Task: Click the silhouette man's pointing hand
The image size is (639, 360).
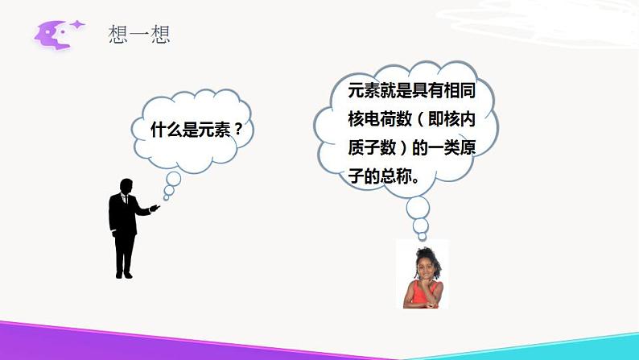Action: tap(155, 208)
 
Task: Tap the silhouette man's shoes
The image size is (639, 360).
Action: tap(124, 274)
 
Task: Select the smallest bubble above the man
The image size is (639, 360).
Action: tap(167, 196)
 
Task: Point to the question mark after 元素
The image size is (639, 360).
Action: tap(237, 129)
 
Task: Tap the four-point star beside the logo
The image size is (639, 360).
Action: tap(77, 26)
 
